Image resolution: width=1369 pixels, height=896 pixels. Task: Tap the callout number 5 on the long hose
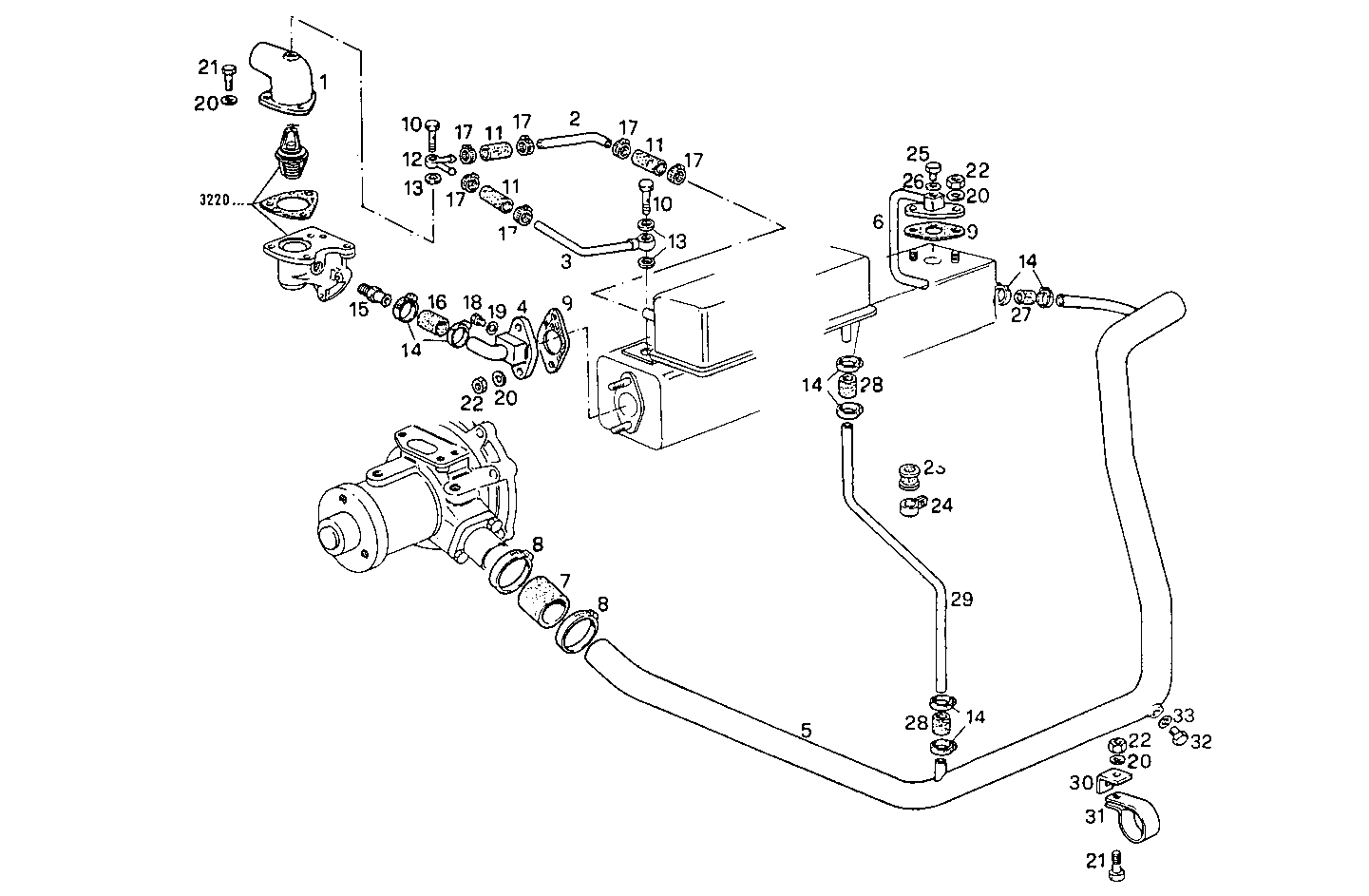click(806, 731)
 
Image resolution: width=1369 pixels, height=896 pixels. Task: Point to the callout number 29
click(961, 600)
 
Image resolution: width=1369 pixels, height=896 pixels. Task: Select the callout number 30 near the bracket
click(1082, 783)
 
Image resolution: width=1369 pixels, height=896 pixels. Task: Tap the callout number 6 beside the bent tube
click(878, 221)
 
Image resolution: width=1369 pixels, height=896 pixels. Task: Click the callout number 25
click(917, 153)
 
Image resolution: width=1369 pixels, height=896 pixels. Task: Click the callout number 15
click(358, 310)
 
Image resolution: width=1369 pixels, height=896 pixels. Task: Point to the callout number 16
click(436, 301)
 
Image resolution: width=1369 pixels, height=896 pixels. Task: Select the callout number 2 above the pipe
click(574, 119)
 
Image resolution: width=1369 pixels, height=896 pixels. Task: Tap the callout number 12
click(411, 158)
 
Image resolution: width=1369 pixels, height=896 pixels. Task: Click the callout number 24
click(941, 505)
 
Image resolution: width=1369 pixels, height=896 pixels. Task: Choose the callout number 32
click(1201, 742)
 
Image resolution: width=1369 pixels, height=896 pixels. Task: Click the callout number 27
click(1020, 315)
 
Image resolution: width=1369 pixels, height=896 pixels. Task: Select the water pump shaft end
click(334, 538)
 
